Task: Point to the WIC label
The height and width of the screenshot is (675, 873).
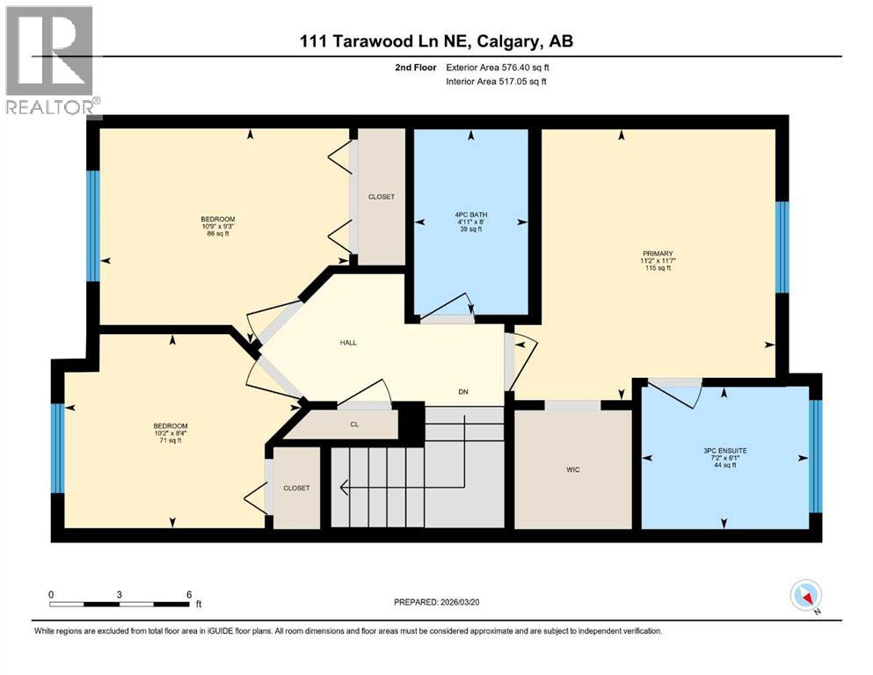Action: pos(572,469)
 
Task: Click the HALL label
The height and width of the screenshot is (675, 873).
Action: pos(348,342)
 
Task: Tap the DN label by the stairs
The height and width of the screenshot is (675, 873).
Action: pos(462,393)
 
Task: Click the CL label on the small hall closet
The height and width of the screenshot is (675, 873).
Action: pos(353,424)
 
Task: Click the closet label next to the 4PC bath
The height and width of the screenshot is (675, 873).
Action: pos(381,197)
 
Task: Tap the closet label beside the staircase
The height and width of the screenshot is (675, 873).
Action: pos(296,488)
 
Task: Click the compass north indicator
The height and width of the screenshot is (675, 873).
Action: pos(806,597)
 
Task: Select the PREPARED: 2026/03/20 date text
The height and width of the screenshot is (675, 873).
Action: pos(445,602)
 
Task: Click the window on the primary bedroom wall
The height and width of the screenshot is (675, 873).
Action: pos(782,247)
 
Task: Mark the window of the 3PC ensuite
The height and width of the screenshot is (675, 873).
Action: pos(814,455)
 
